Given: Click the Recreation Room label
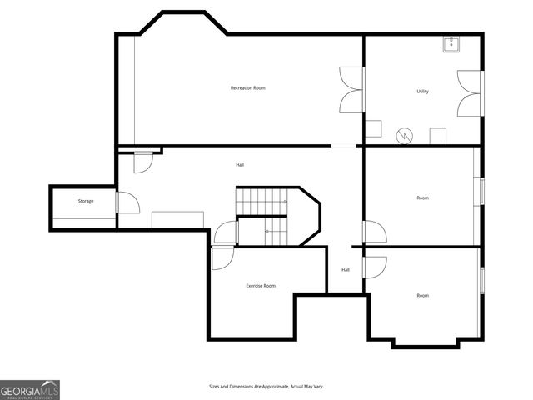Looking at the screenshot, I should pyautogui.click(x=247, y=88).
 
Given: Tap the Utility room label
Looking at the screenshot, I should pyautogui.click(x=422, y=91).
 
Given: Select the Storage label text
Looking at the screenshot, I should pyautogui.click(x=86, y=201).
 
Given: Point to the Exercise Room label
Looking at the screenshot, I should pyautogui.click(x=260, y=286).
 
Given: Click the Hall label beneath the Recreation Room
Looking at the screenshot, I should pyautogui.click(x=240, y=165).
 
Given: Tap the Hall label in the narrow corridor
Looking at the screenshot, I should pyautogui.click(x=345, y=269).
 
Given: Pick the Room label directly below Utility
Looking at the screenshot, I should pyautogui.click(x=422, y=197).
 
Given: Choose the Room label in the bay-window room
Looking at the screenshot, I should pyautogui.click(x=422, y=295).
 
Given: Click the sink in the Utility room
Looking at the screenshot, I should pyautogui.click(x=451, y=44).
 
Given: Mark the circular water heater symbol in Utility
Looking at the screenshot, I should pyautogui.click(x=404, y=135).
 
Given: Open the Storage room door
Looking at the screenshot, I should pyautogui.click(x=127, y=202).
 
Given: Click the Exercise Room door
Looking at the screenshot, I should pyautogui.click(x=222, y=257).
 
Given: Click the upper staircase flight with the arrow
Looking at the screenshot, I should pyautogui.click(x=262, y=201).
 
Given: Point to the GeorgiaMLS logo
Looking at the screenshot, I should pyautogui.click(x=30, y=389).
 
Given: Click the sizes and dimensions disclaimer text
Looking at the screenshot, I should pyautogui.click(x=266, y=387).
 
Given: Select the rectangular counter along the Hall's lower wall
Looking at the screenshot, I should pyautogui.click(x=177, y=218).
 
